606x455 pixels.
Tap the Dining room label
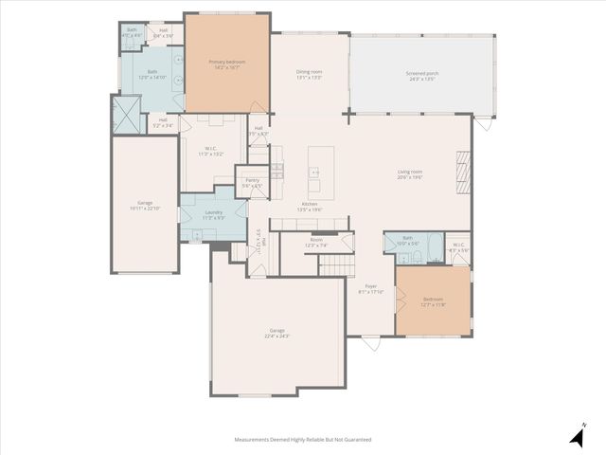(x=310, y=75)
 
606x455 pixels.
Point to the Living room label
(x=409, y=174)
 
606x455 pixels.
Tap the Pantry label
(x=252, y=182)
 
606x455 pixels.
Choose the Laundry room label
(x=213, y=214)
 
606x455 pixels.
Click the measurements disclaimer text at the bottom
(x=303, y=440)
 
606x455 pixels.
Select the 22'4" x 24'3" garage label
(x=276, y=333)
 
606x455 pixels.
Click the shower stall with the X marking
(x=126, y=116)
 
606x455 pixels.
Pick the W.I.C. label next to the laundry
(x=211, y=151)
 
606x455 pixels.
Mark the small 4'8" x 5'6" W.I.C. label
(x=457, y=248)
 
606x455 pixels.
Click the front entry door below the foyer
(x=370, y=342)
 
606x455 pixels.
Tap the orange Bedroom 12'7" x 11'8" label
(x=432, y=302)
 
